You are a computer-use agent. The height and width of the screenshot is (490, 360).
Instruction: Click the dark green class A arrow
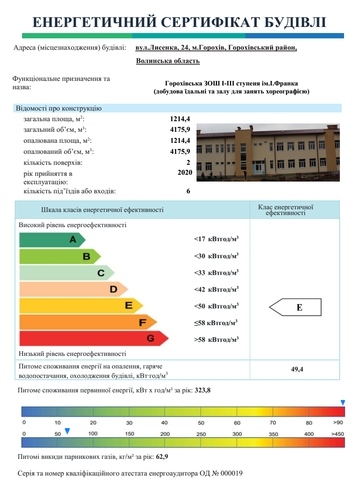[x=52, y=240]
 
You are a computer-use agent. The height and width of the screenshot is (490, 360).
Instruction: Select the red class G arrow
[x=93, y=338]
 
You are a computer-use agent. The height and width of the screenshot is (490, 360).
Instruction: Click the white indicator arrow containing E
[x=295, y=307]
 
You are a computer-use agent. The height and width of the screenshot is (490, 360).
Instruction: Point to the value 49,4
[x=297, y=369]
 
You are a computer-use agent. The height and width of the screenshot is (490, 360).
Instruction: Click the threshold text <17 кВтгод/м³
[x=216, y=239]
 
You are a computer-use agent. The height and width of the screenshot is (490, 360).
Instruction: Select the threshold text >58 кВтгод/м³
[x=216, y=340]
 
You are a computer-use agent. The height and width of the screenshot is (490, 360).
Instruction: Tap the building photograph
[x=268, y=152]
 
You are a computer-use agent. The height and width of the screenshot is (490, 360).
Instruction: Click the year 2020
[x=185, y=172]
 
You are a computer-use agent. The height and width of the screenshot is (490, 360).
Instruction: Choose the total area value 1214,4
[x=180, y=119]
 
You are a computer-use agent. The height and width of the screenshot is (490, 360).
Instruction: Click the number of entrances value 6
[x=188, y=191]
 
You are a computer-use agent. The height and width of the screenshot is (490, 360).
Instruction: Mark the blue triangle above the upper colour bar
[x=343, y=403]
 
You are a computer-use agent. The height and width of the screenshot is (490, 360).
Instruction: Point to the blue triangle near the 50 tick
[x=67, y=431]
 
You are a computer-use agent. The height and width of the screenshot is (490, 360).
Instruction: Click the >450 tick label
[x=338, y=434]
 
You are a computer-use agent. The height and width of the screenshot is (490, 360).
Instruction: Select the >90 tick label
[x=338, y=422]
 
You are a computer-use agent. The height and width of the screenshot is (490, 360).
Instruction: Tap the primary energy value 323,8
[x=203, y=390]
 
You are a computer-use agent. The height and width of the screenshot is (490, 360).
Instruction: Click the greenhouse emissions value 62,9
[x=162, y=457]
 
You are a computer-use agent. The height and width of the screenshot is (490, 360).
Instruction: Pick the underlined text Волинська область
[x=168, y=61]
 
